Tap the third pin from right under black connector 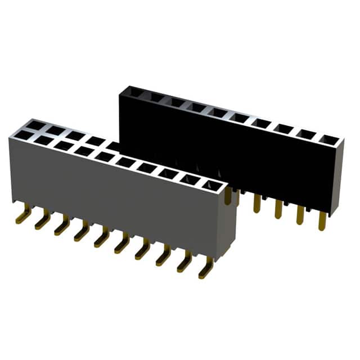(x=278, y=209)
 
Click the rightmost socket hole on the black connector (x=327, y=138)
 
